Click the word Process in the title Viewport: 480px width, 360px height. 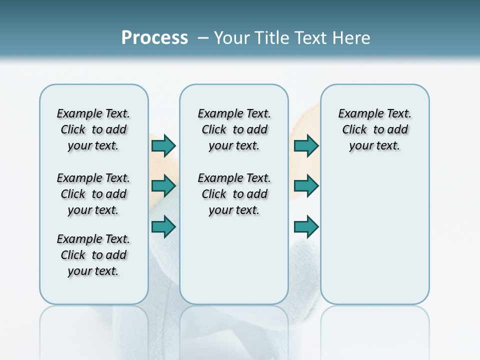[154, 38]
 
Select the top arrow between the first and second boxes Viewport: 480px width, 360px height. [163, 145]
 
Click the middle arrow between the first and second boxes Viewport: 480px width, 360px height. [163, 186]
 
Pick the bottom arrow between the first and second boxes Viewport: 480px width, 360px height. [163, 227]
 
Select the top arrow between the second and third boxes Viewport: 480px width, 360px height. [306, 145]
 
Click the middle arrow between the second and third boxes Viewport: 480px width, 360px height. [306, 186]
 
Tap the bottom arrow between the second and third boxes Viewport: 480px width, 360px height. [306, 227]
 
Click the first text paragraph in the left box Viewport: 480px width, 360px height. [93, 129]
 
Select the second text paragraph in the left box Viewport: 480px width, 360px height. [93, 194]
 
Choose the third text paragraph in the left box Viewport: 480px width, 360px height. [93, 255]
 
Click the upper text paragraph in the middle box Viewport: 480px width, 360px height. [234, 129]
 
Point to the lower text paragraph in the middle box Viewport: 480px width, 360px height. [234, 194]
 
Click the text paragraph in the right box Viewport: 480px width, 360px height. [374, 129]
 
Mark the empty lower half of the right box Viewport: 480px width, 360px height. [374, 240]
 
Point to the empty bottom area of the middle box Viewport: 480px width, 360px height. [234, 265]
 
